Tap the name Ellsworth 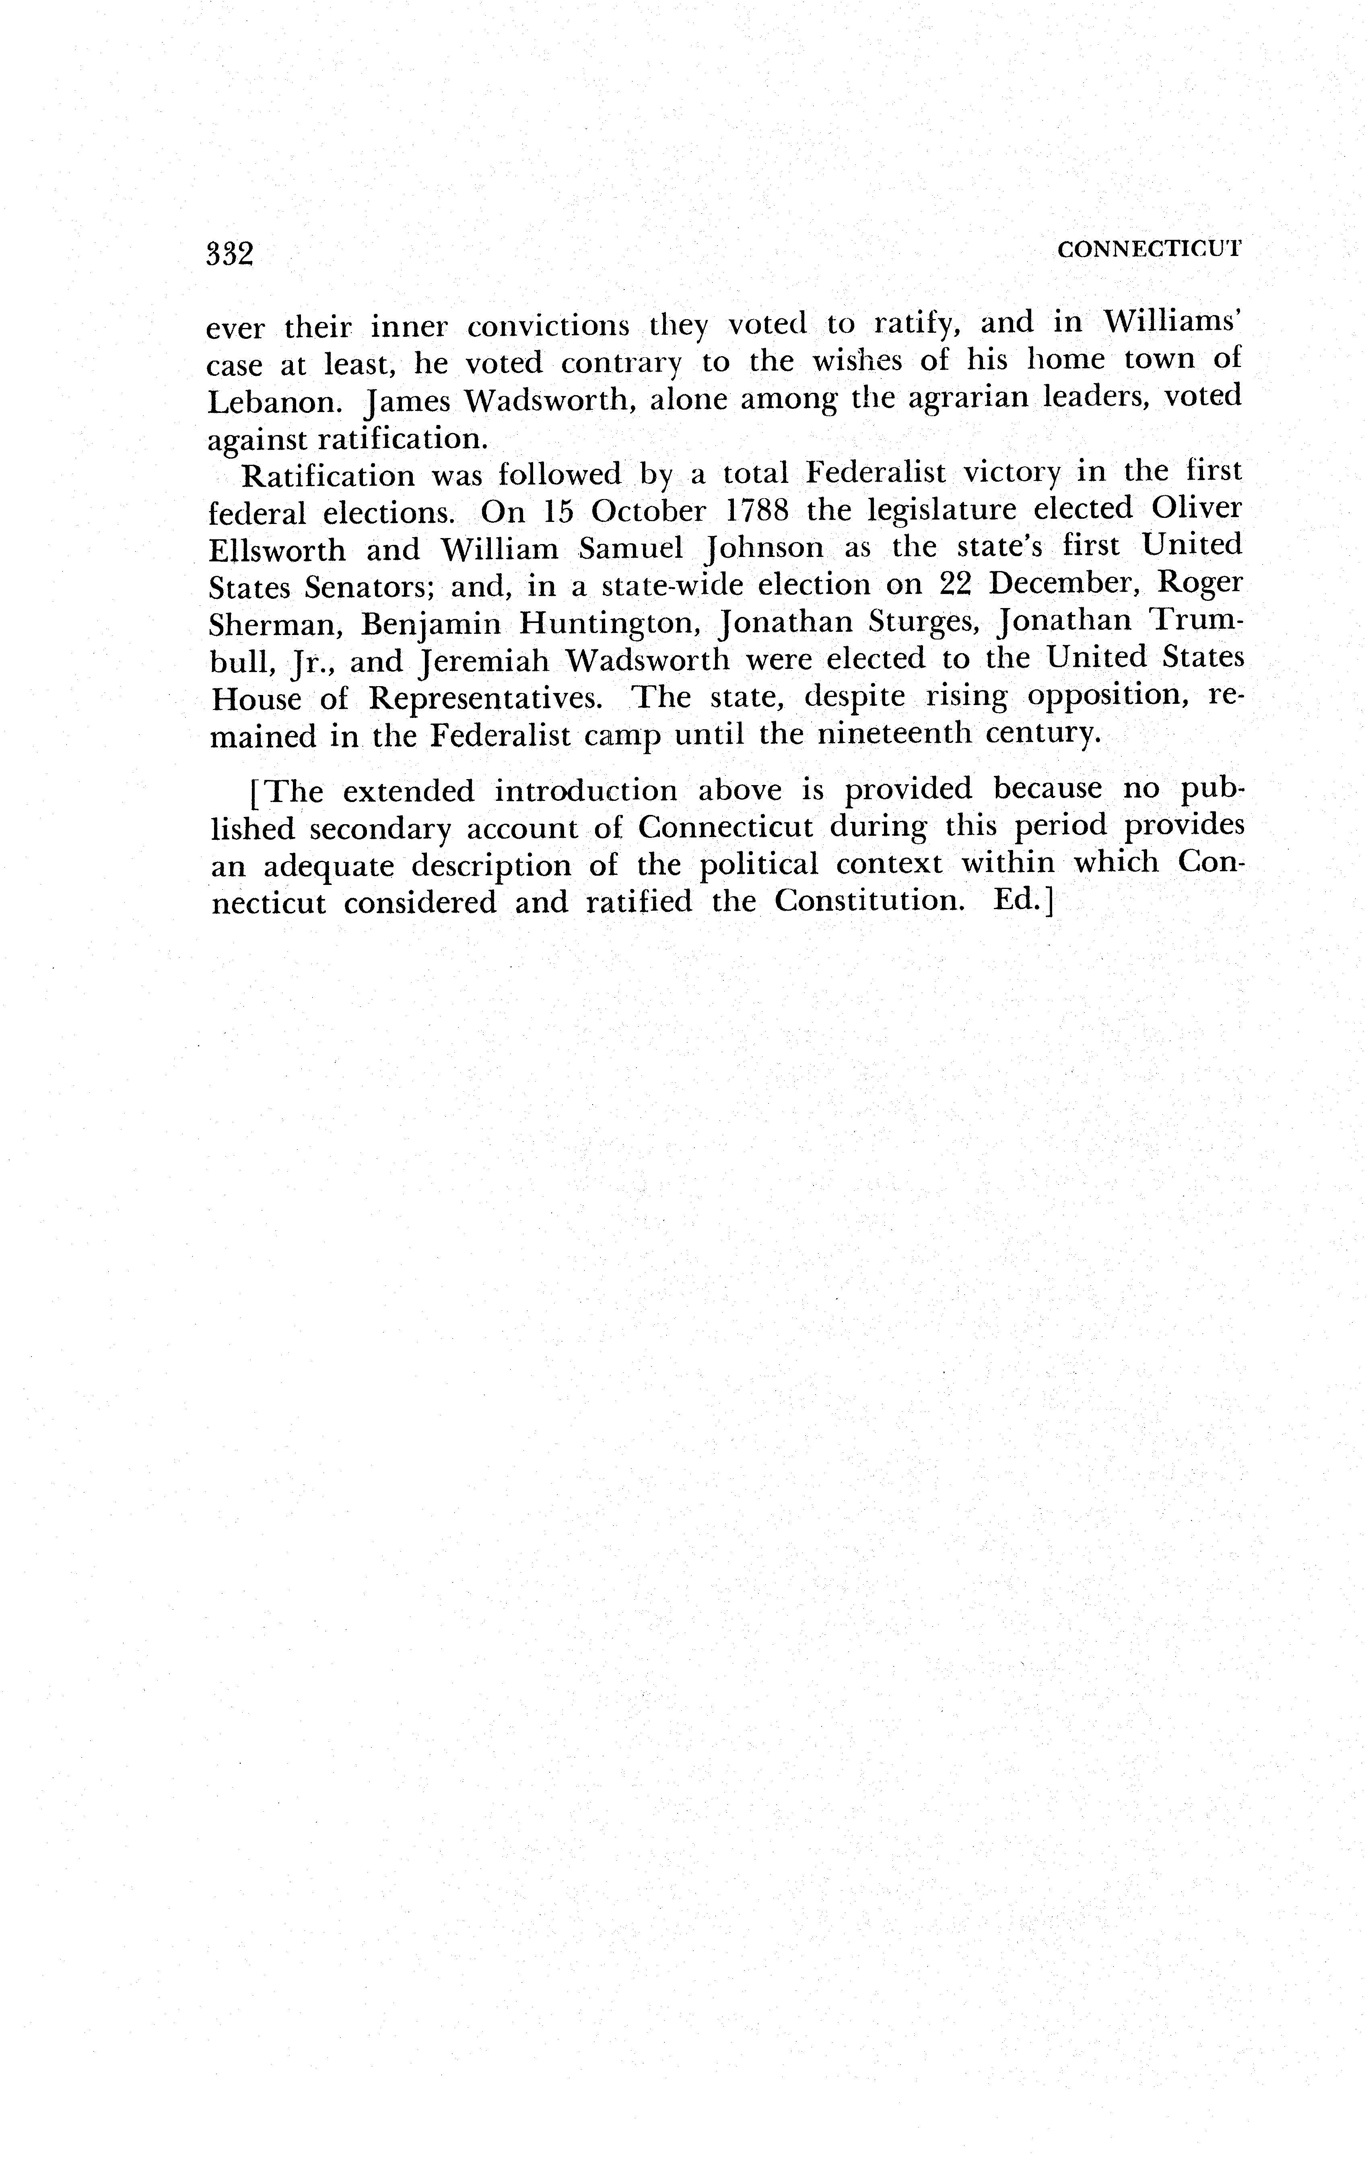(x=277, y=548)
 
